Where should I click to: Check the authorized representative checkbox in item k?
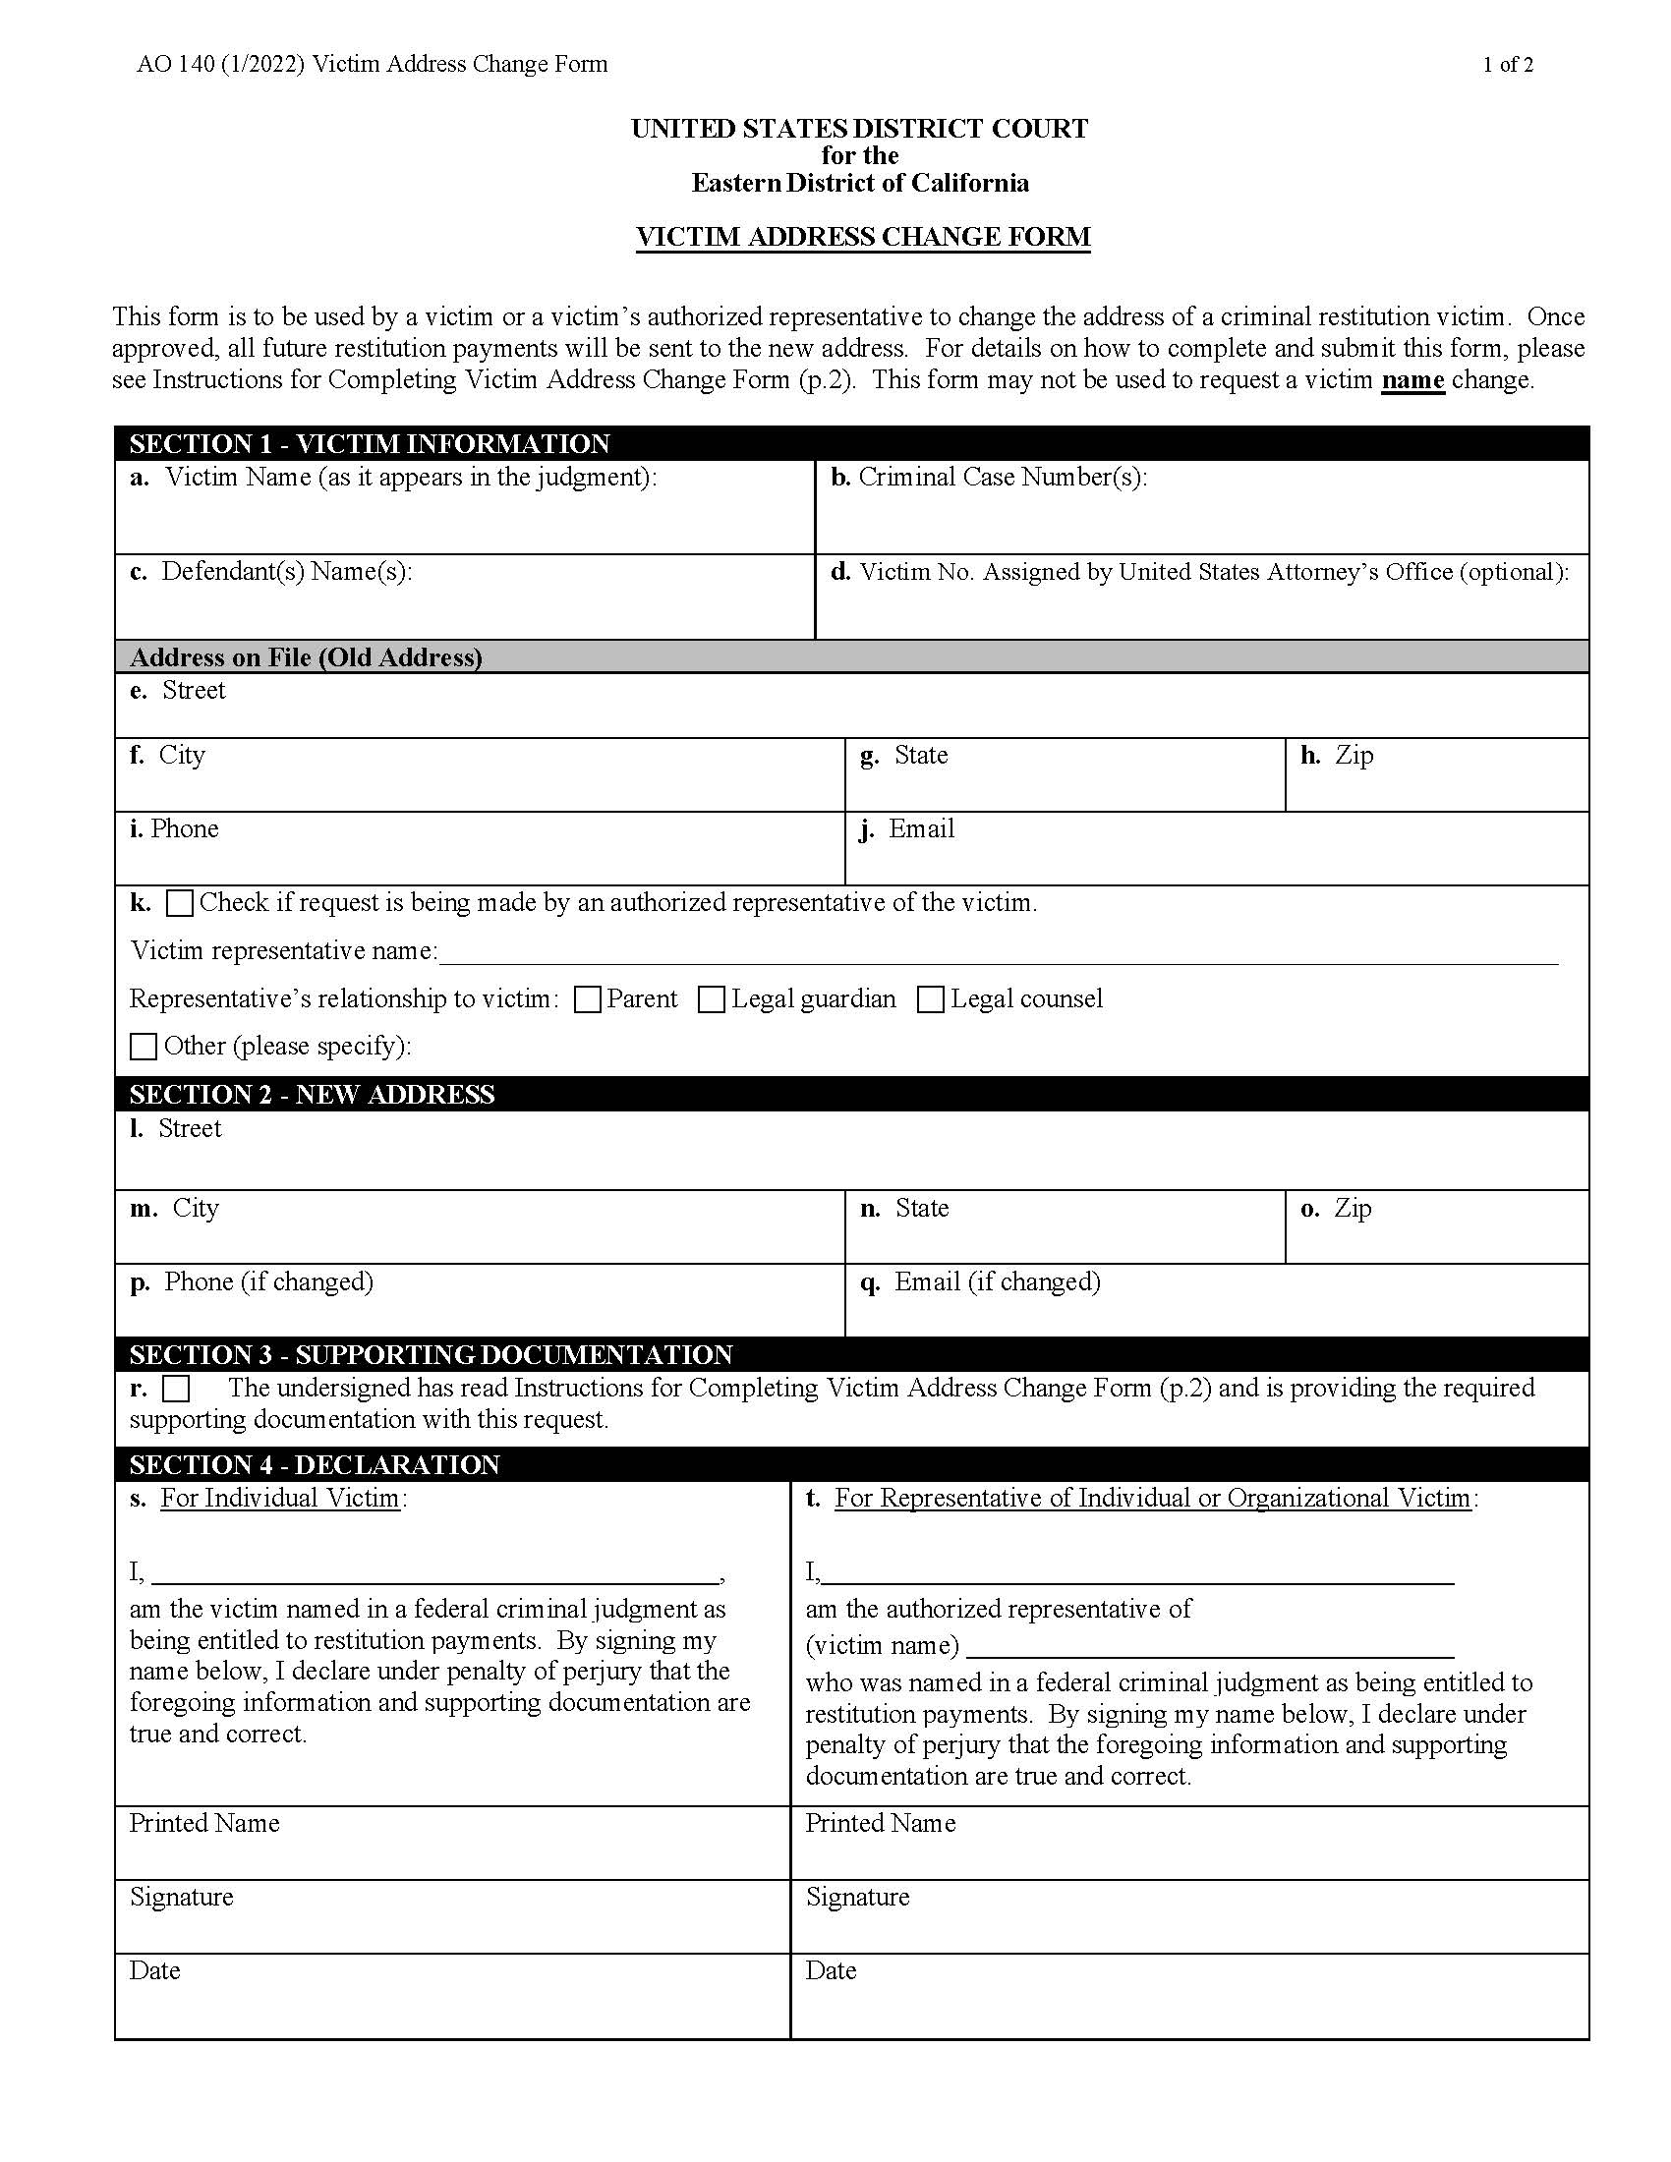(179, 903)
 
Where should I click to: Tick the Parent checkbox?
(588, 999)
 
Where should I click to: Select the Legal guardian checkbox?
(712, 999)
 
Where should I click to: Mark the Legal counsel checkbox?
(931, 999)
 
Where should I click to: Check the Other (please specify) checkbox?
(144, 1047)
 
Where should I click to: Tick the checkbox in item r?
(176, 1389)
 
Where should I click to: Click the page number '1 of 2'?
(1508, 65)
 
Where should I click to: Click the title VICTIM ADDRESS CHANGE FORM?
(862, 238)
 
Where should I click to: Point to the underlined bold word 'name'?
(1412, 380)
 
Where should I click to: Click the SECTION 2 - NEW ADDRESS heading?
(312, 1094)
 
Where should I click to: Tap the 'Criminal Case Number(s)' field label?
(1002, 478)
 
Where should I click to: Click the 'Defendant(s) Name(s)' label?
(285, 572)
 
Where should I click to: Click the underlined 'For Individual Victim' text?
(280, 1498)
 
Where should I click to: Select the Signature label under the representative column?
(857, 1897)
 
